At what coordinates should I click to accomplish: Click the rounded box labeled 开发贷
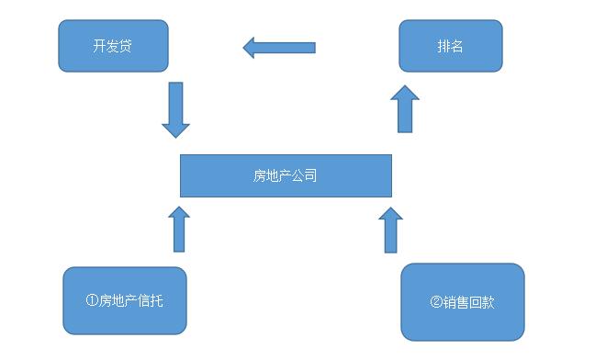point(113,46)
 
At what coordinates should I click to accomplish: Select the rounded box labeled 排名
point(450,46)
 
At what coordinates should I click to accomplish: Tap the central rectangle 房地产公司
point(286,175)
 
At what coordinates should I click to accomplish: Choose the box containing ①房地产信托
point(125,300)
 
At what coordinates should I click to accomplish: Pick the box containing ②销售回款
point(463,301)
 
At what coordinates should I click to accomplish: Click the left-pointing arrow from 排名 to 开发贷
point(279,47)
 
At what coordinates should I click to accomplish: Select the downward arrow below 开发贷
point(175,109)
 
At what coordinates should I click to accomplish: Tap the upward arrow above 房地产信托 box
point(180,229)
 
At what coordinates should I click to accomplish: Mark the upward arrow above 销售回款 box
point(391,230)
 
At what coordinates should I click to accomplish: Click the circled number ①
point(91,300)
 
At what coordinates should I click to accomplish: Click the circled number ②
point(435,301)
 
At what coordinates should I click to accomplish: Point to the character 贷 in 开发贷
point(126,46)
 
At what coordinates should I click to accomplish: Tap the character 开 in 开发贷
point(99,46)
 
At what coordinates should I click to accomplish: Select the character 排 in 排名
point(443,46)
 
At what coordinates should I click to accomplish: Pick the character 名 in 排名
point(456,46)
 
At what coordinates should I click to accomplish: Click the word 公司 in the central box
point(305,175)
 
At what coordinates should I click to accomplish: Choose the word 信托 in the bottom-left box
point(151,300)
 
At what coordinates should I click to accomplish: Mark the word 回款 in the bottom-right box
point(482,301)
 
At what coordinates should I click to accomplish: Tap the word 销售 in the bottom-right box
point(455,301)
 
